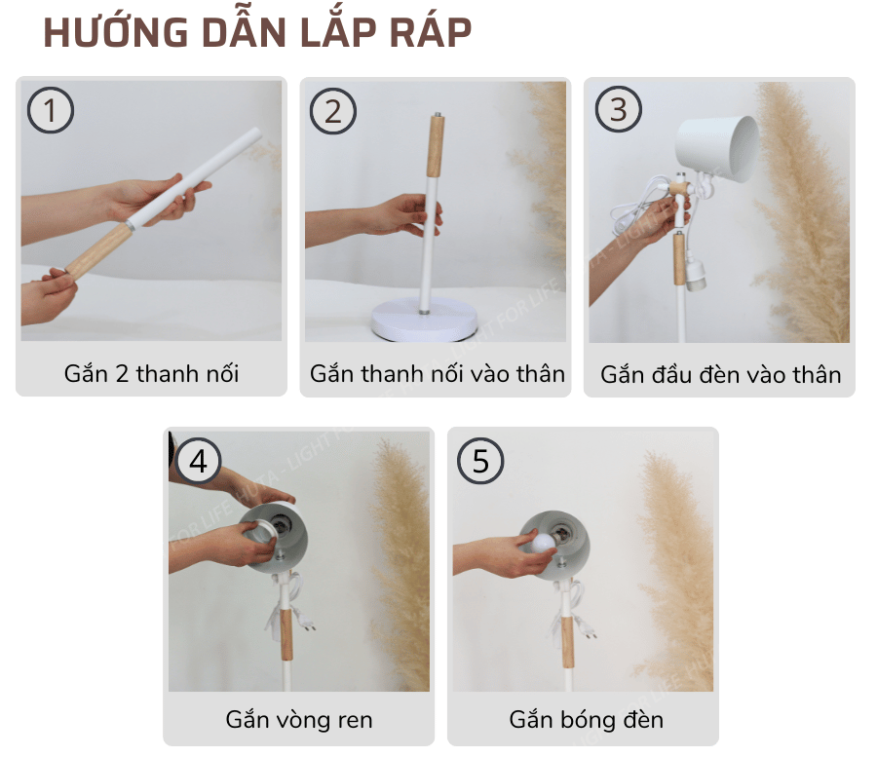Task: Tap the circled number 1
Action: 51,110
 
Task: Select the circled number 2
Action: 333,110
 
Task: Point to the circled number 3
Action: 618,109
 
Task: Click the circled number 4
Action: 198,460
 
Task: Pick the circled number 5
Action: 481,460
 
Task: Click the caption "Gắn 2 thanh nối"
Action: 151,373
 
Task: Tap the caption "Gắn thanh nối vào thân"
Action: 438,373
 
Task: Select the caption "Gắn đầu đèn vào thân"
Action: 720,374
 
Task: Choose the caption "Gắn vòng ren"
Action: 299,720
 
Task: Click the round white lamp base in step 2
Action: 424,321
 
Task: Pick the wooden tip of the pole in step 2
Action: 435,146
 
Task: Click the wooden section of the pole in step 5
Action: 566,630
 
